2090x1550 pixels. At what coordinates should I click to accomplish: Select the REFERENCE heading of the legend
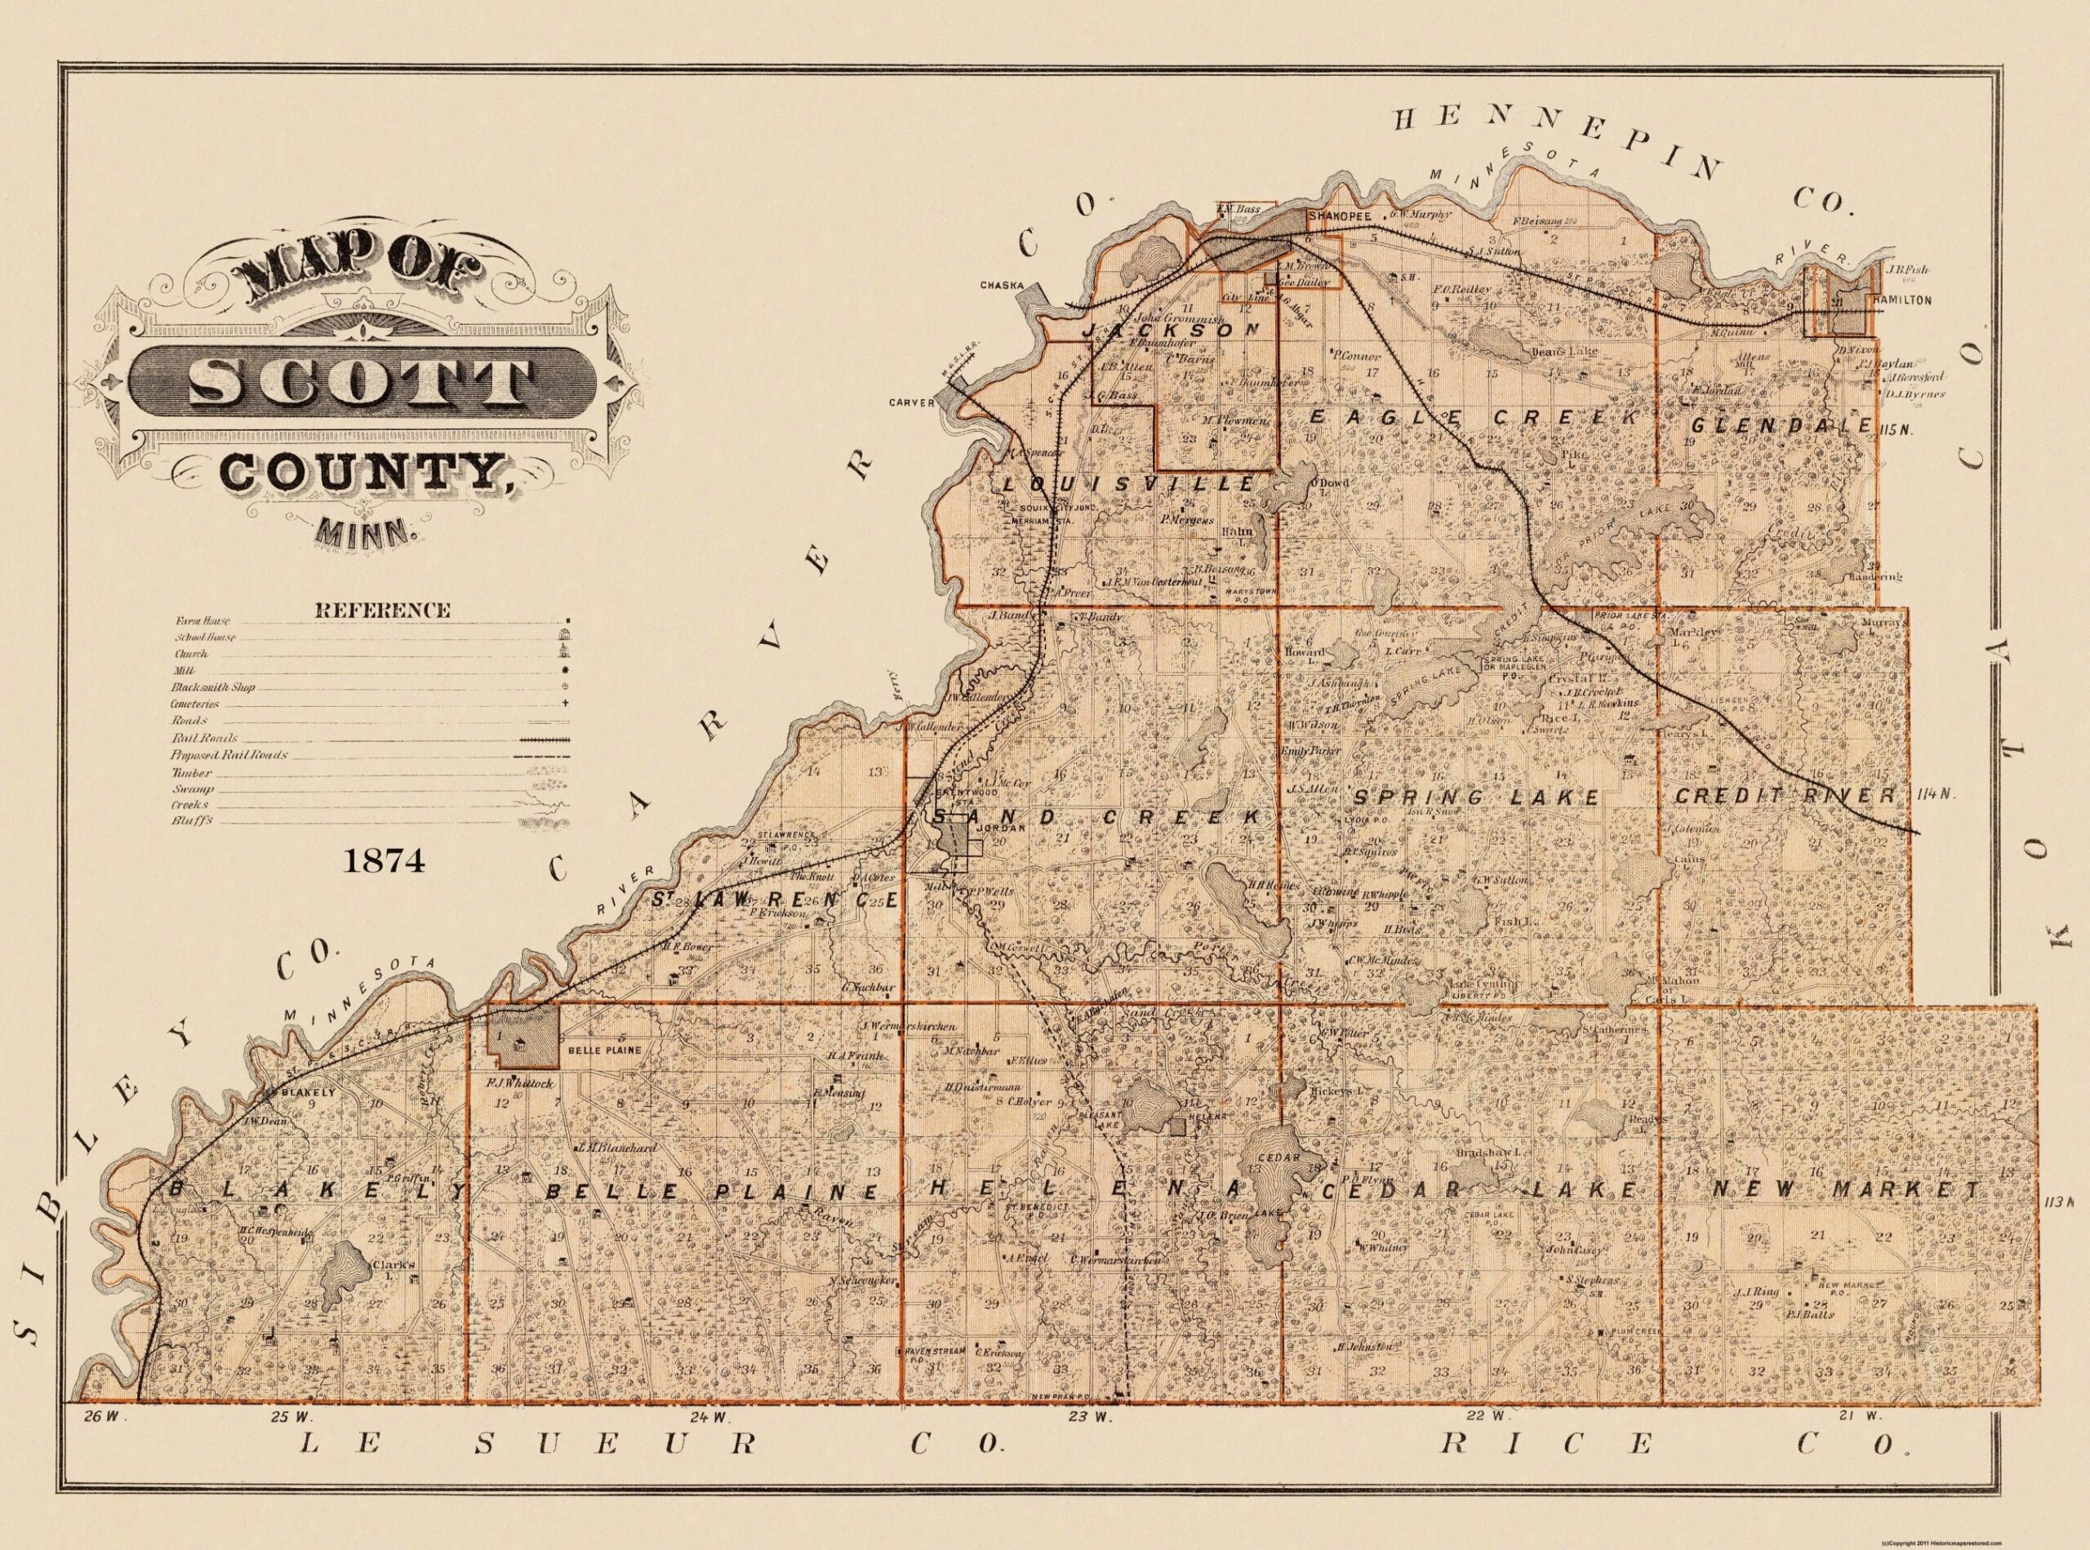tap(382, 610)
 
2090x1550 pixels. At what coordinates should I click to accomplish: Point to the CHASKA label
tap(1003, 284)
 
